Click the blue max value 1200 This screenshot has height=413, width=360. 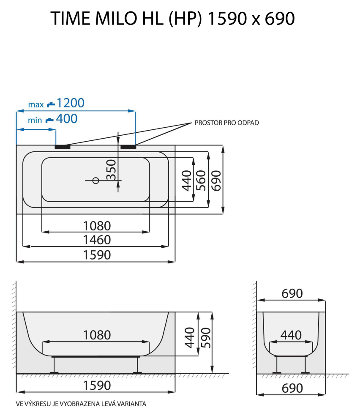coord(71,103)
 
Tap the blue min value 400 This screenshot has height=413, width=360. coord(67,119)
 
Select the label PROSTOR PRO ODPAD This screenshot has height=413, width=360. coord(226,123)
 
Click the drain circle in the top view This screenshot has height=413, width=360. coord(95,181)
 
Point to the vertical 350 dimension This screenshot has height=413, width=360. coord(111,169)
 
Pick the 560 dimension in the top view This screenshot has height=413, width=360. coord(201,180)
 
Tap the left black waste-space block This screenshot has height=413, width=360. coord(63,147)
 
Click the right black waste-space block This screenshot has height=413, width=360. coord(128,147)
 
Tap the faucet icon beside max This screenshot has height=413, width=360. coord(51,104)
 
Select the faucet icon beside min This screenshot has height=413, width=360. coord(49,120)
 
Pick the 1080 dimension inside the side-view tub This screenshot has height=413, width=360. coord(96,335)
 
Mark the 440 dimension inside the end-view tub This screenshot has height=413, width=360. coord(291,335)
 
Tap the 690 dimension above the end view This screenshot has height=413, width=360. coord(292,293)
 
